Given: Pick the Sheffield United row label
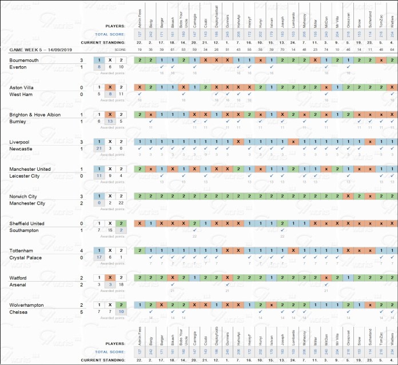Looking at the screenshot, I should click(28, 223).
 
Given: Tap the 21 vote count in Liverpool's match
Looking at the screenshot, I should click(99, 149).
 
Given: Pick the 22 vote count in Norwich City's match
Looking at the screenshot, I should click(121, 203).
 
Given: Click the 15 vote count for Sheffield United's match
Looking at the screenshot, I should click(110, 230).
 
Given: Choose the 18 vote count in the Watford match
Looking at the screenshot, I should click(121, 284).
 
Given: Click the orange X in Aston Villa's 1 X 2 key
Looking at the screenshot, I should click(110, 87).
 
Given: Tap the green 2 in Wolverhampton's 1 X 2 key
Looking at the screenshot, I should click(121, 305).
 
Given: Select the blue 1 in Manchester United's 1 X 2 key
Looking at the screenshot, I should click(99, 169).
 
